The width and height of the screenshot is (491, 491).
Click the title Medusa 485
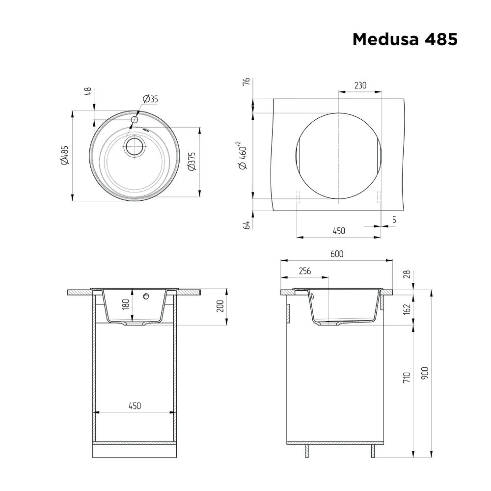pos(405,39)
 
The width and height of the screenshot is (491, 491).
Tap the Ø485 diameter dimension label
pos(64,155)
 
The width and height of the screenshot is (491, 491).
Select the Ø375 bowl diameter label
pos(191,161)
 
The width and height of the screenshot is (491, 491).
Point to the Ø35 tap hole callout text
pos(150,99)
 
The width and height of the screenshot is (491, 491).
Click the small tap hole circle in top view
pos(135,120)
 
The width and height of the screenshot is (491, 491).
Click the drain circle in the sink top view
pos(135,146)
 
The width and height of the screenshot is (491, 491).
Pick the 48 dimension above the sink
pos(88,91)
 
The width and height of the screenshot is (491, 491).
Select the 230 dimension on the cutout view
pos(360,85)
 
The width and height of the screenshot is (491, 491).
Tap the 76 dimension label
pos(246,82)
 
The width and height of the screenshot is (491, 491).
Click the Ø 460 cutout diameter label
pos(243,155)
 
